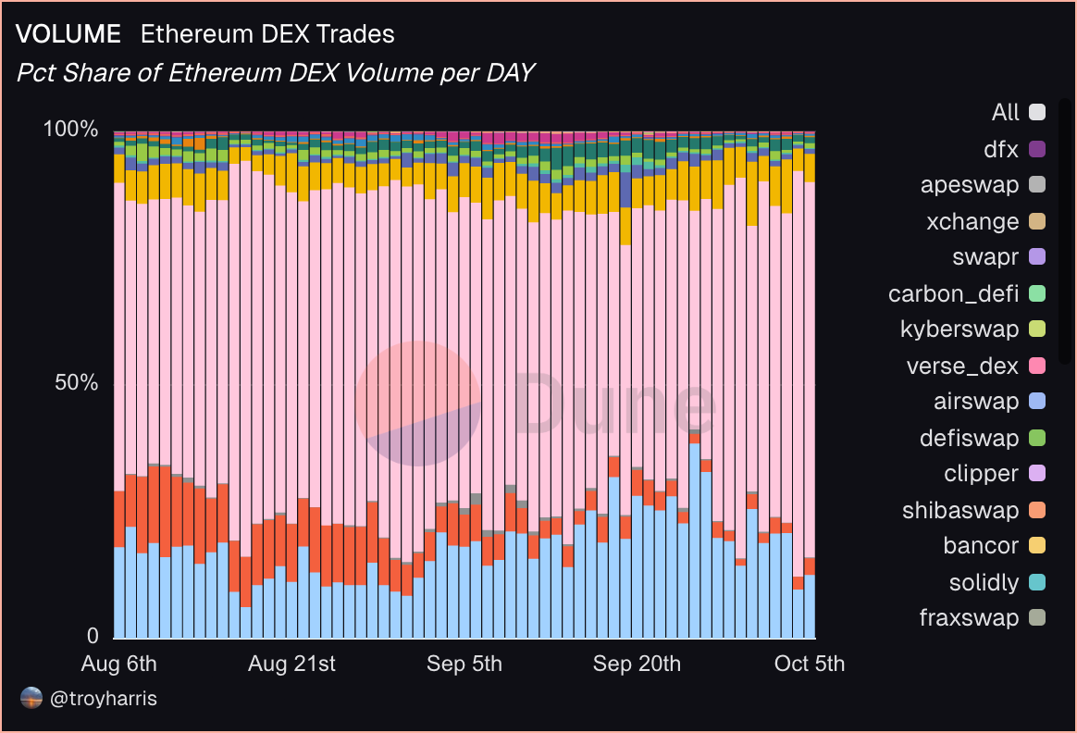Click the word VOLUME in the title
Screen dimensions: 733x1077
point(68,34)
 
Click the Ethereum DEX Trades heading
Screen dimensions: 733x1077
point(267,34)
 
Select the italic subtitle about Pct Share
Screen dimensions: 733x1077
point(276,72)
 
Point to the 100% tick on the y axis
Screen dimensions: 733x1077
point(71,129)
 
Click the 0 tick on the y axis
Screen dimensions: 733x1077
point(93,637)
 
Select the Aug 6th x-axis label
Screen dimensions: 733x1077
point(119,664)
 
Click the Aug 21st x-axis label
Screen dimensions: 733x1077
point(291,664)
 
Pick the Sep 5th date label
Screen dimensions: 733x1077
point(464,664)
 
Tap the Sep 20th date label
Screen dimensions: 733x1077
point(637,664)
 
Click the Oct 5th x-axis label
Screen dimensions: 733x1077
point(809,664)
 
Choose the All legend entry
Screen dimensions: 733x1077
point(1006,113)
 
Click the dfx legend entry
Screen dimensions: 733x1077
point(1002,149)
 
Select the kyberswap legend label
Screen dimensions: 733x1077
point(959,329)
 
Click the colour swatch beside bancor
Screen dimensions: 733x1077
point(1036,546)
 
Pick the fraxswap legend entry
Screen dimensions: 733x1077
point(969,618)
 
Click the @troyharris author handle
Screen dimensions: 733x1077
point(104,699)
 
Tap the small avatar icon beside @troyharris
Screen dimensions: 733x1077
point(31,699)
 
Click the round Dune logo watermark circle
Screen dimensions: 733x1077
point(418,404)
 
